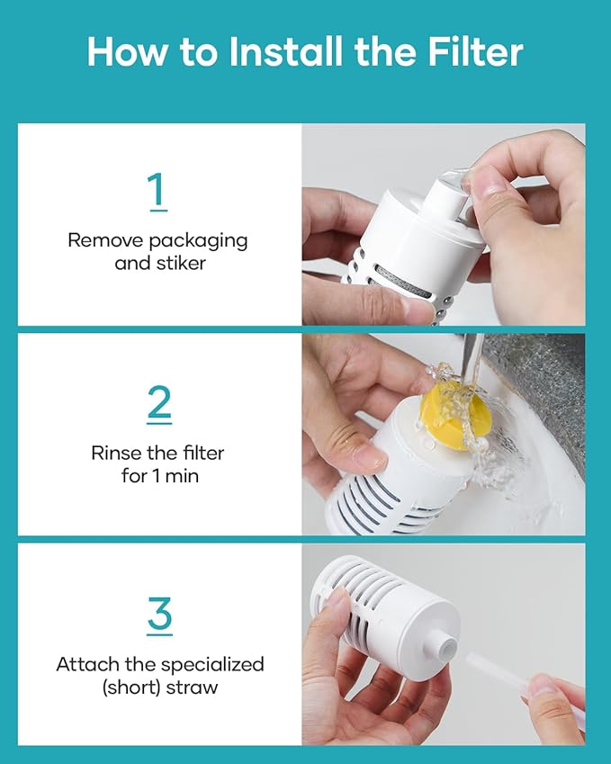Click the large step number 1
(157, 189)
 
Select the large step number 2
(159, 401)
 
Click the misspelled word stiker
(181, 263)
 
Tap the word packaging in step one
(198, 241)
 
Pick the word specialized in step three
(212, 665)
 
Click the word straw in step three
(192, 688)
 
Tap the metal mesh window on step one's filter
(403, 283)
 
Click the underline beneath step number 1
(159, 210)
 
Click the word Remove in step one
(105, 240)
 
